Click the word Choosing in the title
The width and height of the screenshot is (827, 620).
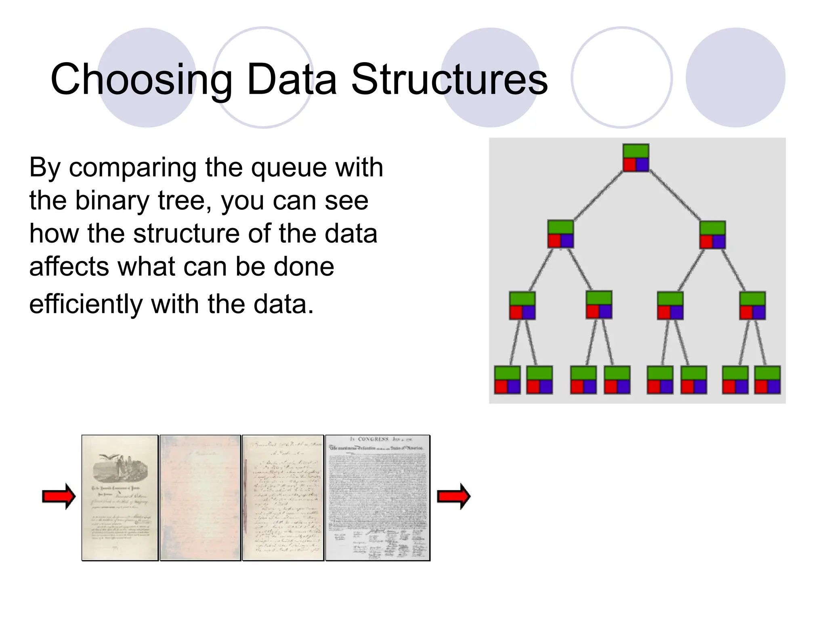pos(141,80)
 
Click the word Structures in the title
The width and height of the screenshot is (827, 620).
pos(449,80)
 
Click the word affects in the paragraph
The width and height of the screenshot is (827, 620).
pos(69,266)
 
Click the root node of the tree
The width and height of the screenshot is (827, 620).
pos(636,158)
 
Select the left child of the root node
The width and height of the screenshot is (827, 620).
pos(560,234)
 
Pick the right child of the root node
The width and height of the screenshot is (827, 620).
pos(712,235)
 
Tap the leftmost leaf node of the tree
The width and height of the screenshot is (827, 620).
pos(507,380)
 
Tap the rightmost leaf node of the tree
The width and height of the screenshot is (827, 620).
pos(767,380)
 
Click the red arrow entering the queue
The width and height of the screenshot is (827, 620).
pos(59,496)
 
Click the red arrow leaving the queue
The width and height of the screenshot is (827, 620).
pos(454,496)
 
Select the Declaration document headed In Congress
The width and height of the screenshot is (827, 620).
pos(378,498)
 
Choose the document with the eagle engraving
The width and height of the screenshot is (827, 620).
pos(120,498)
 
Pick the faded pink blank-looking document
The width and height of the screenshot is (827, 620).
pos(200,498)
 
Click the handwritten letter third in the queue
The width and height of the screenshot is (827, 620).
pos(283,498)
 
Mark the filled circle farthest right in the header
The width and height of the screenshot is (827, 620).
pos(735,77)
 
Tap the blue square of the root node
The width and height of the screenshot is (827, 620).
pos(642,165)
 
